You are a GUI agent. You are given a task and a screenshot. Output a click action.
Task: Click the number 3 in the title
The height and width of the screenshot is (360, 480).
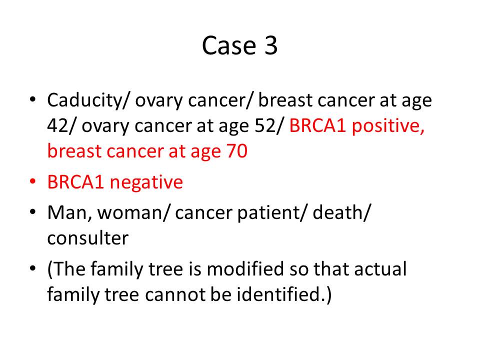270,45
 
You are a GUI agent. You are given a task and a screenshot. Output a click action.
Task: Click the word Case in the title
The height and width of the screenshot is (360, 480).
228,45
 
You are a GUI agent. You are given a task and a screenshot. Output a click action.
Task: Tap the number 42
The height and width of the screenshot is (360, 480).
58,125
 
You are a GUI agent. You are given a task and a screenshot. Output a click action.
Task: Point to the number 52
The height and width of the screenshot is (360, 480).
265,125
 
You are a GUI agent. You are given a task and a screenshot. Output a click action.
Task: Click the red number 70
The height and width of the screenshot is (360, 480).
237,151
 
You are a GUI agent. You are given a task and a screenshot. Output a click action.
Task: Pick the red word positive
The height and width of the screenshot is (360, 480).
388,126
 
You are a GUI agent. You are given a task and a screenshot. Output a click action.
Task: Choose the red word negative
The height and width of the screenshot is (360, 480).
146,182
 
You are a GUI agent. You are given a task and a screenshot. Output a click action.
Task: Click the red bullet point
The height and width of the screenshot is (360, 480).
33,181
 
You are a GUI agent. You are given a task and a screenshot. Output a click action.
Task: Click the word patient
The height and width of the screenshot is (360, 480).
268,213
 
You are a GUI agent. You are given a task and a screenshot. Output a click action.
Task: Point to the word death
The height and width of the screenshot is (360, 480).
338,212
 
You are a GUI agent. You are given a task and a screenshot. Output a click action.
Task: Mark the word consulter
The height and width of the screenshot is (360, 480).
88,238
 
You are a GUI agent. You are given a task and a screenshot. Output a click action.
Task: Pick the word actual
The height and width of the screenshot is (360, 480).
380,269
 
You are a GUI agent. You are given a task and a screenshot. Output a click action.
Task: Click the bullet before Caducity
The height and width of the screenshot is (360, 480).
33,99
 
